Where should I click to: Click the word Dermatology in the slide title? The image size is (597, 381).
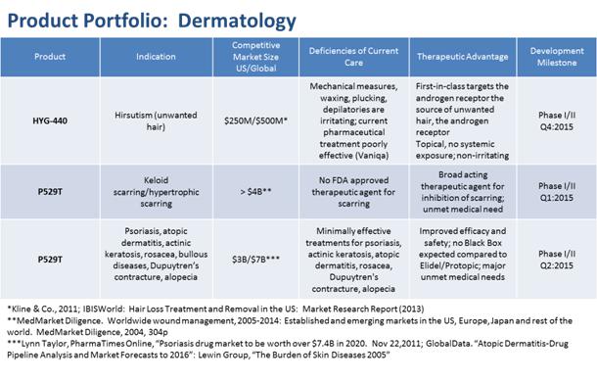coord(237,22)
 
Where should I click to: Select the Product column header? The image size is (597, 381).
coord(50,57)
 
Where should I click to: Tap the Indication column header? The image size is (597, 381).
coord(157,57)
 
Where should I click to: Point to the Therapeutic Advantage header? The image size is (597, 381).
coord(463,57)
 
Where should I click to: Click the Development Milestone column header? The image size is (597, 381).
coord(557,57)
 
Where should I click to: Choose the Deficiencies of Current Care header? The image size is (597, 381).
coord(353,57)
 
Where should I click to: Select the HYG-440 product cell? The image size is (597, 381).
coord(50,120)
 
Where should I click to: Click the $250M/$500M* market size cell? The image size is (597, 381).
coord(255,120)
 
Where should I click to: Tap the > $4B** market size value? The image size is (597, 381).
coord(255,192)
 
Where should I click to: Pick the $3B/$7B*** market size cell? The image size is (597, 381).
coord(255,260)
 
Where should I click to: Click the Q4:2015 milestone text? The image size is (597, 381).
coord(557,127)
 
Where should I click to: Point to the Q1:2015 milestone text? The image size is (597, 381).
coord(557,198)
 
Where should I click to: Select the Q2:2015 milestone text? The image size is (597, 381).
coord(557,265)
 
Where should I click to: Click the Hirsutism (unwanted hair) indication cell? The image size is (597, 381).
coord(157,120)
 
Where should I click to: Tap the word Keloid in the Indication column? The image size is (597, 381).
coord(157,180)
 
